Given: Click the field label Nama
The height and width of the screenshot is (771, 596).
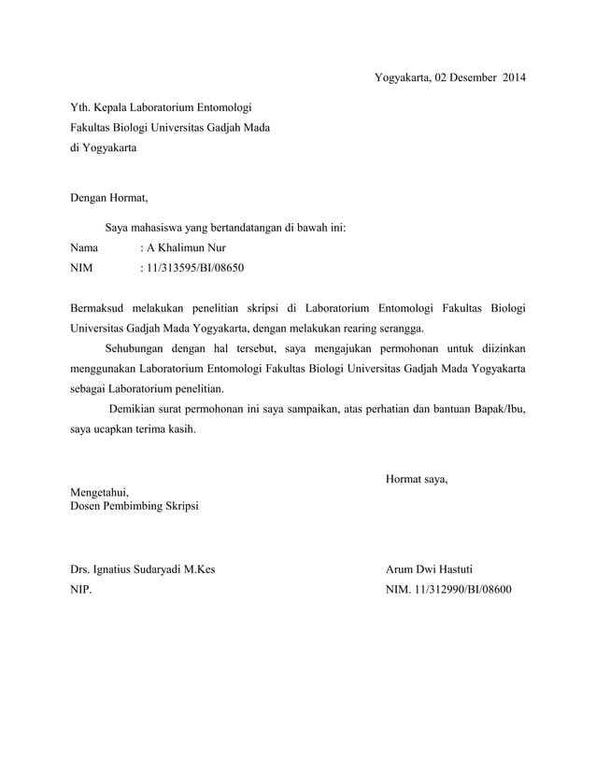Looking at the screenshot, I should [x=85, y=248].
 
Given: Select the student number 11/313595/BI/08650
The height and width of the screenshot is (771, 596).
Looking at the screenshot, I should [x=193, y=269].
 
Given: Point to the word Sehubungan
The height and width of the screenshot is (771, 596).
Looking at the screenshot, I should [x=136, y=348].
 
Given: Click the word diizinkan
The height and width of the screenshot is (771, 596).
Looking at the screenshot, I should [x=497, y=348].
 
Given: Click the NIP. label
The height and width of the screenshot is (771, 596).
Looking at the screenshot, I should [x=81, y=590].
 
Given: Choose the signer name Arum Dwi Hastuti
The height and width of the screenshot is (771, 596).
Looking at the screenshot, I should [x=429, y=568].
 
